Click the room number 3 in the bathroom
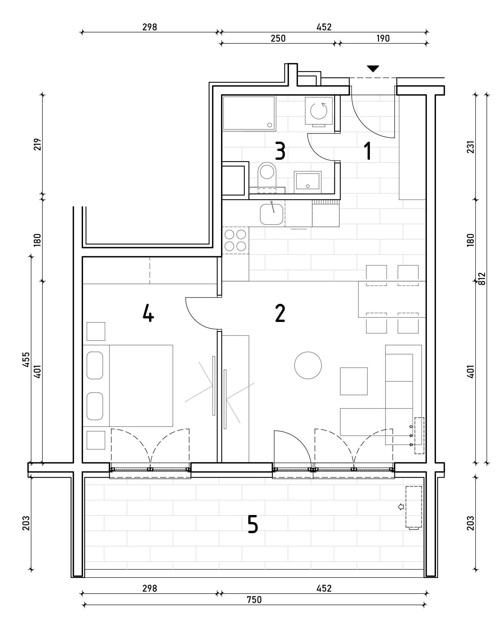click(x=280, y=151)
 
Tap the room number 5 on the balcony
click(x=253, y=524)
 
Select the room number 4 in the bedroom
click(x=148, y=314)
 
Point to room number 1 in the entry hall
click(x=368, y=151)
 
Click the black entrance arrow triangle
click(x=373, y=68)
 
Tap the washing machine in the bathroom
click(x=319, y=111)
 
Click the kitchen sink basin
click(x=272, y=214)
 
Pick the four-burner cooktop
click(x=235, y=241)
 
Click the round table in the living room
click(x=308, y=365)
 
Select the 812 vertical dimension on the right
click(x=482, y=278)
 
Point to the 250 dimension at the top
click(x=278, y=38)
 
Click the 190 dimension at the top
click(x=383, y=38)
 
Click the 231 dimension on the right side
click(x=470, y=146)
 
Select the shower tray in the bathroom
click(x=249, y=113)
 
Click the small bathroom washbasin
click(x=308, y=181)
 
